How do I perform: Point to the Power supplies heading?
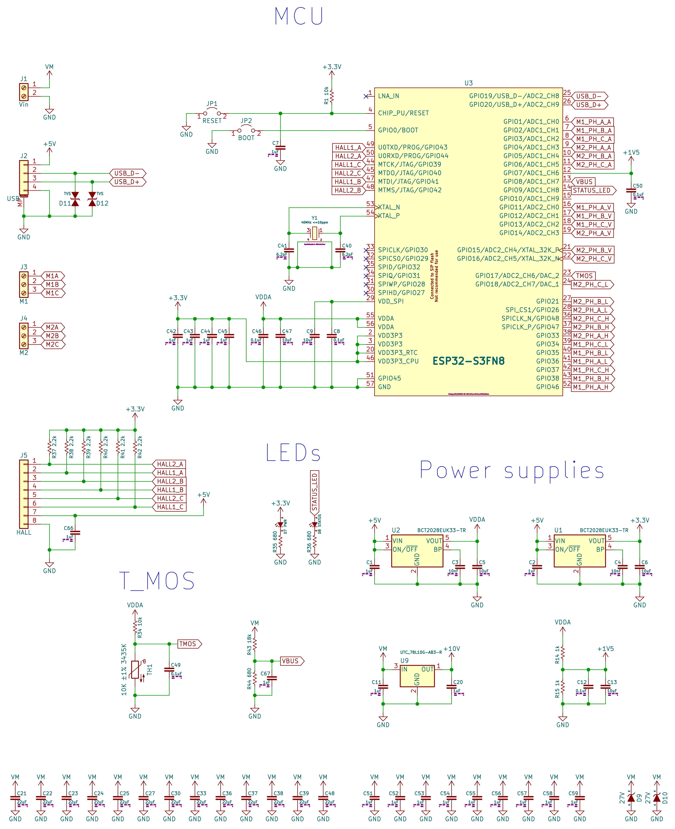click(512, 470)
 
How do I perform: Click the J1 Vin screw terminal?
click(24, 92)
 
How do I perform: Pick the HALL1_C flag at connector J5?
click(170, 507)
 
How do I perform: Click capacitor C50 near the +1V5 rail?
click(631, 191)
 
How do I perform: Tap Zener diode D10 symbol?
click(657, 798)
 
